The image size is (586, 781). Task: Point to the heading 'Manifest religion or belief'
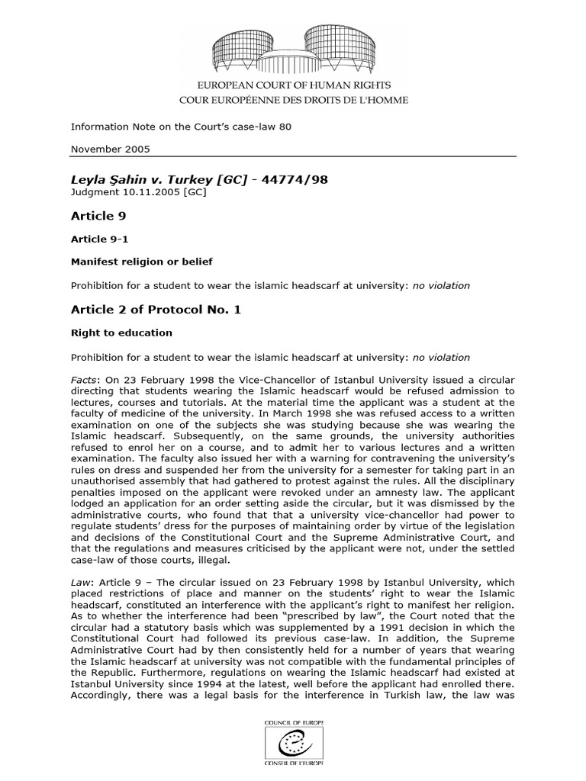141,262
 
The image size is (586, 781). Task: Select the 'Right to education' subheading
121,333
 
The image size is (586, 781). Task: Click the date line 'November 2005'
110,149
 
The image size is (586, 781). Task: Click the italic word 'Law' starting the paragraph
80,582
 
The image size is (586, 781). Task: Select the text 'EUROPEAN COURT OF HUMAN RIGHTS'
293,87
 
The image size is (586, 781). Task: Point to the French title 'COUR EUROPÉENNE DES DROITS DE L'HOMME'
293,99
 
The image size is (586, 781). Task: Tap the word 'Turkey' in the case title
186,179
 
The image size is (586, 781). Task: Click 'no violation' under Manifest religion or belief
441,286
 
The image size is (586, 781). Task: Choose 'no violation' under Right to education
441,357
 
